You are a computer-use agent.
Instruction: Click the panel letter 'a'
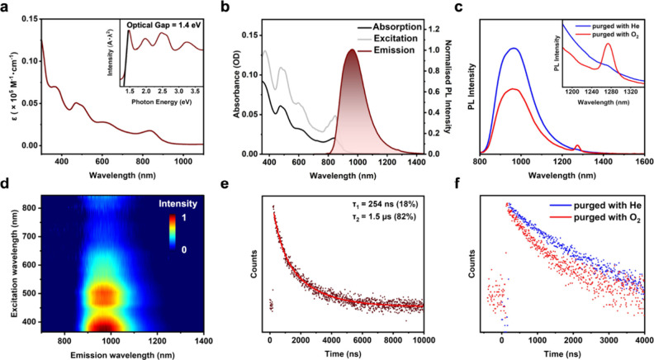(x=5, y=7)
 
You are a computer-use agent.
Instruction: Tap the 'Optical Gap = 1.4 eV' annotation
(x=164, y=25)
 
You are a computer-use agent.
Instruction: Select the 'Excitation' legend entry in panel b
(x=395, y=38)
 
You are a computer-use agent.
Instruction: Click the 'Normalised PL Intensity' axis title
(x=448, y=87)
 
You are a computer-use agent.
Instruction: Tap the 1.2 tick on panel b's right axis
(x=434, y=29)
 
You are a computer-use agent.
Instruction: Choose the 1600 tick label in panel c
(x=644, y=162)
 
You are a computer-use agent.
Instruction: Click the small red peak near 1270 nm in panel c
(x=577, y=146)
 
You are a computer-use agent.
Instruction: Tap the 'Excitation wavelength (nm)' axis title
(x=16, y=268)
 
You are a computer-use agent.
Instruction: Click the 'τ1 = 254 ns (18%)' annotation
(x=388, y=204)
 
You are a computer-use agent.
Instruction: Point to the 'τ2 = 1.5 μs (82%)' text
(x=388, y=216)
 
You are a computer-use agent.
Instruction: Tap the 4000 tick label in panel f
(x=644, y=340)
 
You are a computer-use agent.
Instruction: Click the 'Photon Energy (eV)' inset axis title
(x=161, y=102)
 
